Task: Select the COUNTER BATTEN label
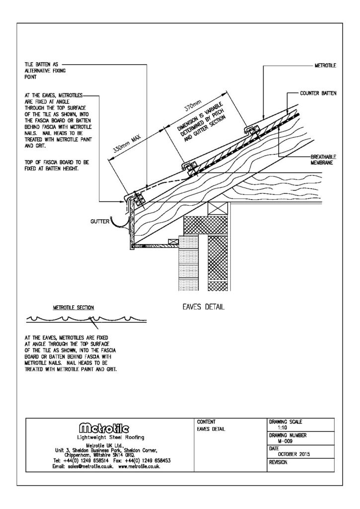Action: [x=318, y=93]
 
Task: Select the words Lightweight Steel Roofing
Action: [x=108, y=437]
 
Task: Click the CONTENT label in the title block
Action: [x=206, y=421]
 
